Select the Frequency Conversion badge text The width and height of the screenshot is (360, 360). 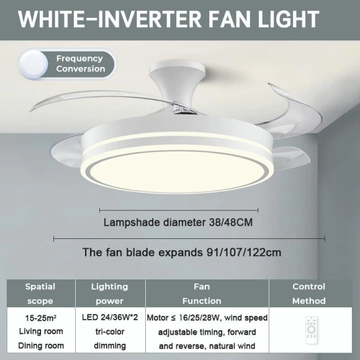coord(81,64)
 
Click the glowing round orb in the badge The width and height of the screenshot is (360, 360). coord(34,63)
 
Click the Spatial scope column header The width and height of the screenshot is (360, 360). coord(40,294)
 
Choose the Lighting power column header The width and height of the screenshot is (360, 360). coord(109,294)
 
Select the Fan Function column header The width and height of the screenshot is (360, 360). coord(202,294)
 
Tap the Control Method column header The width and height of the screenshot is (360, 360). coord(308,294)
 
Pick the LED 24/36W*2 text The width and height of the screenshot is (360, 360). coord(109,317)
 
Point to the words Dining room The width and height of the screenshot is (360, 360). coord(41,346)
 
